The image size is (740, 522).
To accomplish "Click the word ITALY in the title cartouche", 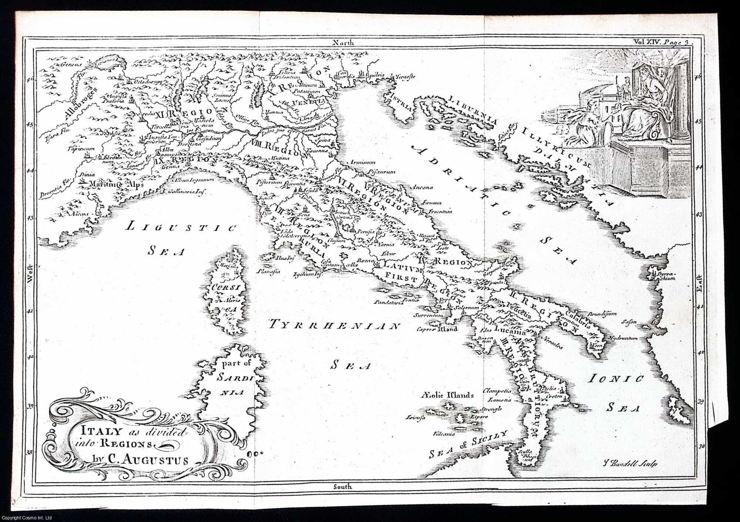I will pyautogui.click(x=92, y=431).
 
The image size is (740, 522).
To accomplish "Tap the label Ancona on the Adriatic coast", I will pyautogui.click(x=424, y=187).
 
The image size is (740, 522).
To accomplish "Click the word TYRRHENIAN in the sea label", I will pyautogui.click(x=334, y=326).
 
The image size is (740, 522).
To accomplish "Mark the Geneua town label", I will pyautogui.click(x=63, y=64).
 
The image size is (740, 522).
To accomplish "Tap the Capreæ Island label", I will pyautogui.click(x=437, y=329).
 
